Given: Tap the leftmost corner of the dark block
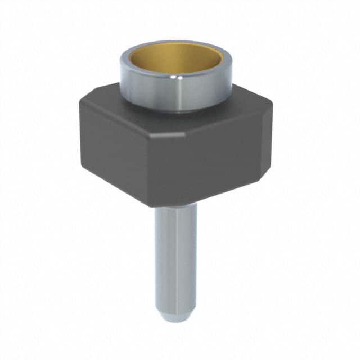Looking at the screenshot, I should pos(80,104).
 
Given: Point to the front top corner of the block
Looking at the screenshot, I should pos(185,135).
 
